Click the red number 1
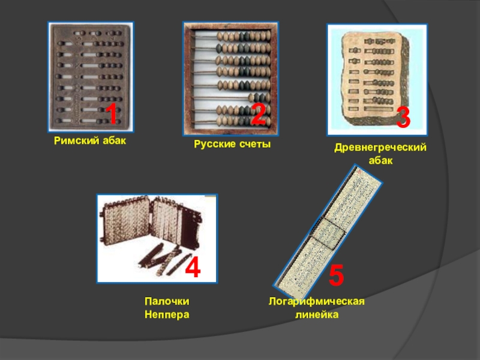(112, 114)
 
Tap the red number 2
(259, 114)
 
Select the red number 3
(403, 117)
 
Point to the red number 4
(193, 267)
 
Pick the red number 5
(336, 275)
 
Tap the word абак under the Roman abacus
(114, 140)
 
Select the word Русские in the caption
(215, 144)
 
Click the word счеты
(255, 144)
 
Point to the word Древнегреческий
(380, 147)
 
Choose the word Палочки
(167, 301)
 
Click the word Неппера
(167, 314)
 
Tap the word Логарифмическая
(317, 301)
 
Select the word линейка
(317, 314)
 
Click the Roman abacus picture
(91, 77)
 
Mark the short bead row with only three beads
(259, 98)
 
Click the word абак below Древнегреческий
(380, 160)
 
